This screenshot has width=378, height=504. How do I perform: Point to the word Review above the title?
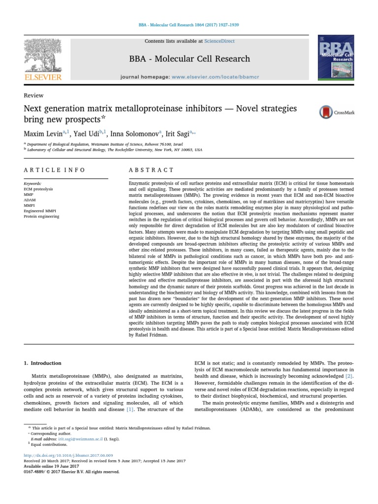tap(33, 95)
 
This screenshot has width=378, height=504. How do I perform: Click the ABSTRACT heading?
tap(151, 170)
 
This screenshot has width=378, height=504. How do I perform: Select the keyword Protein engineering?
tap(41, 216)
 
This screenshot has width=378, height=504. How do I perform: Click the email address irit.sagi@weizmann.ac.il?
tap(79, 439)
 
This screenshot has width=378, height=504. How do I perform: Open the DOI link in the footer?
tap(68, 456)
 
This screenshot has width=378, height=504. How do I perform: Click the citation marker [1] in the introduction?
tap(130, 409)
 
